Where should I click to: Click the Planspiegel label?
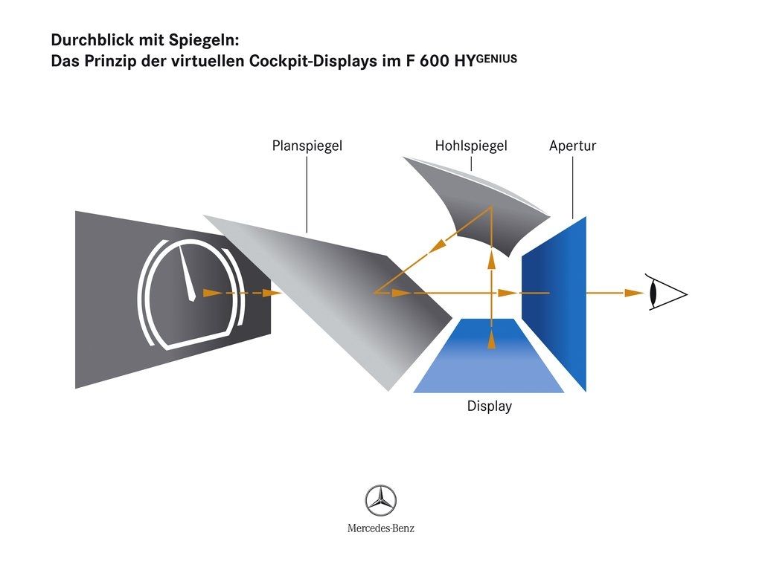307,146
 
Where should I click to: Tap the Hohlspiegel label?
470,146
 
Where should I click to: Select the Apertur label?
572,146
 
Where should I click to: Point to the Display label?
489,406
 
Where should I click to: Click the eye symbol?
665,293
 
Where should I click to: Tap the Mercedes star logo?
380,501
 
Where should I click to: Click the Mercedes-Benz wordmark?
380,528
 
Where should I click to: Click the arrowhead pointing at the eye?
635,293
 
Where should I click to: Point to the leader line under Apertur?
572,186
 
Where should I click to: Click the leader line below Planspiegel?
307,193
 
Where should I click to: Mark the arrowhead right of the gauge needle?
213,293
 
